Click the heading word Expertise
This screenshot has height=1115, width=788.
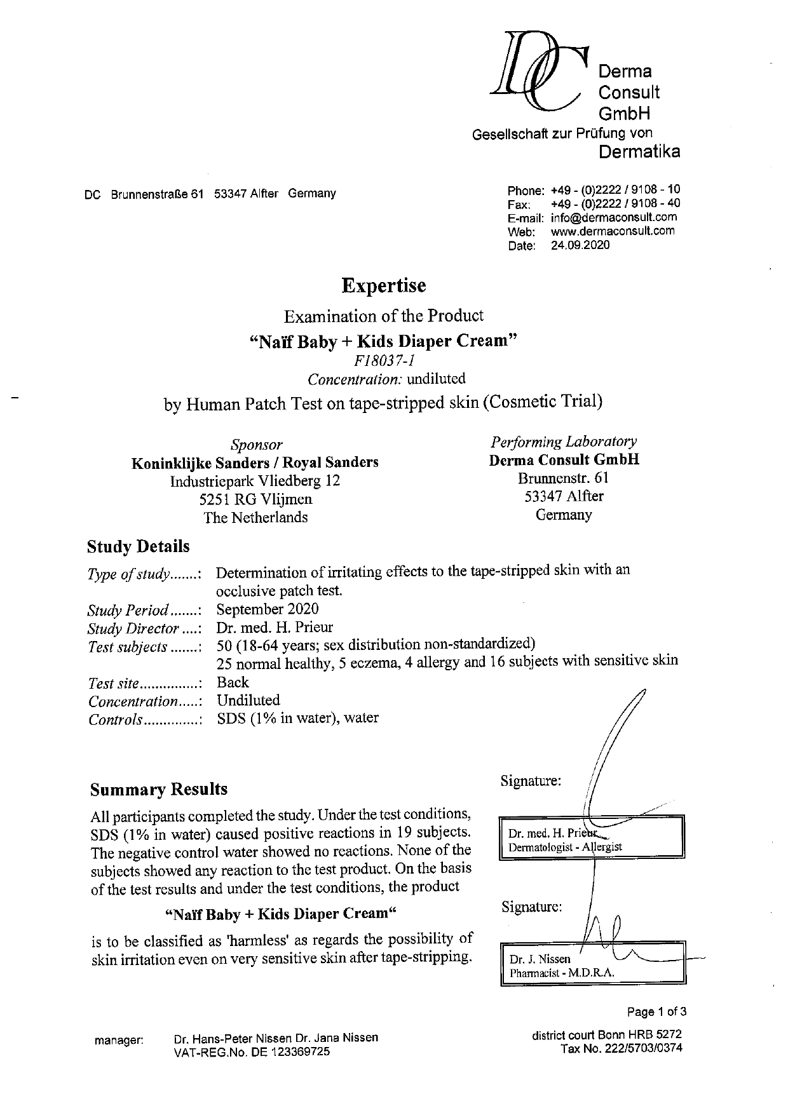point(383,286)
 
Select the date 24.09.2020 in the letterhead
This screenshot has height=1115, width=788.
point(580,245)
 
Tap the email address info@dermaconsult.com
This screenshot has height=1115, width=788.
point(613,217)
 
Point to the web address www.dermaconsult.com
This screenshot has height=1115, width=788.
point(613,231)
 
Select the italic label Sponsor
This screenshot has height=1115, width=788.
point(256,445)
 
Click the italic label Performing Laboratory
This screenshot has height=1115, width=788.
point(564,442)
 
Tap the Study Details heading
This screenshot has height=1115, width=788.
point(138,546)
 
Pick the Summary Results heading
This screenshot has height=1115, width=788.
point(159,789)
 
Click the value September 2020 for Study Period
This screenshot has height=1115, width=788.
point(268,609)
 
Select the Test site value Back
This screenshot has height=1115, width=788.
point(233,682)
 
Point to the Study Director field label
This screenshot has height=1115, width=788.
point(144,629)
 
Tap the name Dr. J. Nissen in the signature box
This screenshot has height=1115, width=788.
point(540,959)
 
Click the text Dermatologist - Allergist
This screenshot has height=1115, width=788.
point(565,846)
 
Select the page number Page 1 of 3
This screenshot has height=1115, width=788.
point(656,1011)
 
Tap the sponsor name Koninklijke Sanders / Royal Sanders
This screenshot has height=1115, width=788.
point(255,463)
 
